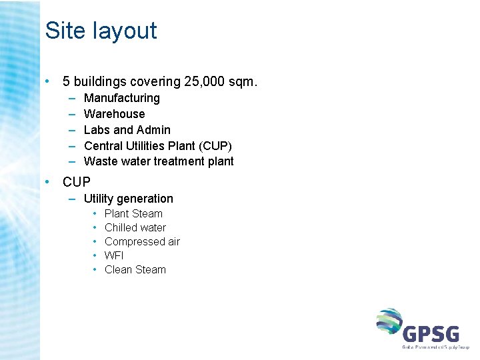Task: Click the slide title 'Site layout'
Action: pos(101,31)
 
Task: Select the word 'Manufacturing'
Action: pos(122,98)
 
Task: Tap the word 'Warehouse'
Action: pos(114,114)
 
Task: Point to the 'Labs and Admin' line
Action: pos(127,130)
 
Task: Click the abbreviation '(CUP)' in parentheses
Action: pos(214,146)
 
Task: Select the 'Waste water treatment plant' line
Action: pos(159,161)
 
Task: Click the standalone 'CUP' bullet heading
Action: pos(76,182)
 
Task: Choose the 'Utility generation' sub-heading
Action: pos(128,199)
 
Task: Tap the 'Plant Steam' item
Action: pos(133,214)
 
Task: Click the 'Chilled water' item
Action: pos(135,228)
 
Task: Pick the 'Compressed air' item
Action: pos(142,242)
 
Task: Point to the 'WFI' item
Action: pos(114,256)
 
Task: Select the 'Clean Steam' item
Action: pos(135,270)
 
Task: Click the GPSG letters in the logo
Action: pos(430,333)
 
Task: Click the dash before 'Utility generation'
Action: pos(70,199)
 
